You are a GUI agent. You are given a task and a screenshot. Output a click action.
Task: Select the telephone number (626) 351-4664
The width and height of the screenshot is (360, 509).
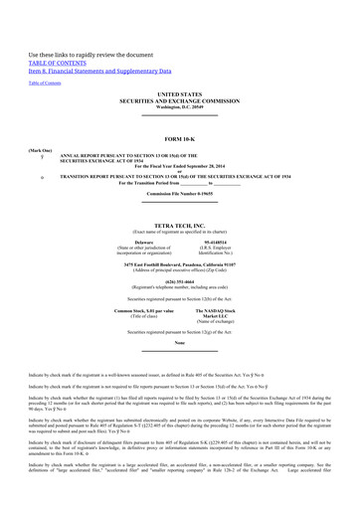pos(179,280)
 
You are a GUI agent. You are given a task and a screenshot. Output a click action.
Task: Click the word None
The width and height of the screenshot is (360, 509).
pos(179,343)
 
